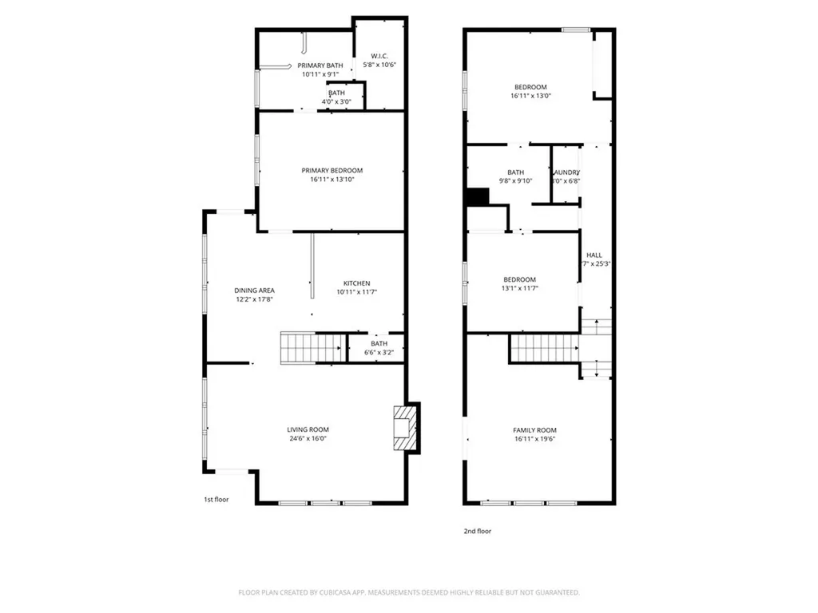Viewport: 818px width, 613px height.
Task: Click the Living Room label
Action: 308,429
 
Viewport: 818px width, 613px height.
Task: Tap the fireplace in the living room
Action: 404,429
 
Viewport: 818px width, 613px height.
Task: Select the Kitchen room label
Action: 356,283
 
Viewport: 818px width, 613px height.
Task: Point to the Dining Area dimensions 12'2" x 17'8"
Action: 255,300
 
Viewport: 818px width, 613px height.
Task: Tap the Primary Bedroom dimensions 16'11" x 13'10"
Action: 332,180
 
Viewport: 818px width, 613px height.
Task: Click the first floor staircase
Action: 312,348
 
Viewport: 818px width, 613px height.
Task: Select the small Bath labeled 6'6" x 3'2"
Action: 379,348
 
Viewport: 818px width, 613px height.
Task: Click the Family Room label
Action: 534,429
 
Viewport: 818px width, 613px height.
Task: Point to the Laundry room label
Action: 566,172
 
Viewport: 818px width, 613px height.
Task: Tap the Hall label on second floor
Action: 594,255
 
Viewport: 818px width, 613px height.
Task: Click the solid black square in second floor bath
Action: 477,197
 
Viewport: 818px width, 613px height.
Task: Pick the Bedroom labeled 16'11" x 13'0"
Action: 531,87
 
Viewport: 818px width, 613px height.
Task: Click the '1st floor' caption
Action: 216,500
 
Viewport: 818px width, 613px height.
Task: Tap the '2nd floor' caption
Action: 477,530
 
